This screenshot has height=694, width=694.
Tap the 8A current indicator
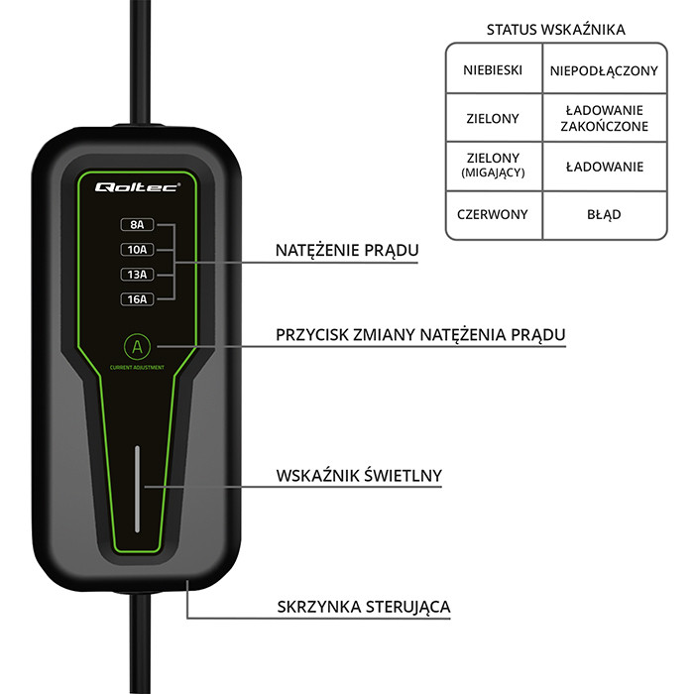tap(136, 225)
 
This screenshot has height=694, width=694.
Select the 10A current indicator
tap(136, 250)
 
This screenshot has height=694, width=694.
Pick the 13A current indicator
tap(136, 275)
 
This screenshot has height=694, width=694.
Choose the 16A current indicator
tap(136, 299)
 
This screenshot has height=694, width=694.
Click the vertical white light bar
tap(137, 488)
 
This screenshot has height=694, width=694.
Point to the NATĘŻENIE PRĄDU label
tap(346, 251)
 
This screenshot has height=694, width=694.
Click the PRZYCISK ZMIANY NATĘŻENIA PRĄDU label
tap(420, 335)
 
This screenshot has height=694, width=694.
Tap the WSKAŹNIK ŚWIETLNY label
tap(359, 476)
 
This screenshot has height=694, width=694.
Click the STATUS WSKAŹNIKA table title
tap(555, 29)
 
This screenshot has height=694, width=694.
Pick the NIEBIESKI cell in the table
tap(493, 70)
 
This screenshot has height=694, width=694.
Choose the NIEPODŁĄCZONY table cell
tap(604, 70)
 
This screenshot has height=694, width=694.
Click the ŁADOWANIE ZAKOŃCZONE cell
tap(604, 118)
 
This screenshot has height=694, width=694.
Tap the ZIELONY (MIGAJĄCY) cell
tap(493, 166)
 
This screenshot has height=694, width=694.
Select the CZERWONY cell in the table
tap(493, 213)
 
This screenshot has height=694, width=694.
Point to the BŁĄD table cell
tap(604, 213)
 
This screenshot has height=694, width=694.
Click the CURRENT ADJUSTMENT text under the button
tap(137, 369)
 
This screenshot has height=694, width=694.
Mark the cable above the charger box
tap(140, 59)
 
